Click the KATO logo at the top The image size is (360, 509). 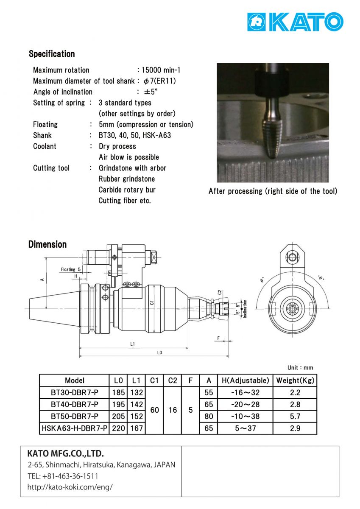coord(295,22)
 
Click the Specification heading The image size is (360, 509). coord(52,54)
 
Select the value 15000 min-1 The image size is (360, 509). coord(161,70)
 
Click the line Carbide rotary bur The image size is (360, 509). coord(127,190)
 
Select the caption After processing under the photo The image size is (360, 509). coord(273,191)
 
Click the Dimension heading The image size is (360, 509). coord(47,244)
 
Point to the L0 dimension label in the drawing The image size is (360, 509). coord(159,352)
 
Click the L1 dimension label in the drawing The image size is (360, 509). coord(132,344)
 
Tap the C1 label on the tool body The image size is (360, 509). coord(151,303)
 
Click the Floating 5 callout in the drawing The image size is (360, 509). coord(71,269)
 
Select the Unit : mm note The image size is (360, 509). coord(300,367)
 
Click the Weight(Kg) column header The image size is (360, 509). coord(295,380)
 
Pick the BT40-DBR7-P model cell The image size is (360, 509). coord(75,404)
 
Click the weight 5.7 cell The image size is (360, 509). coord(295,417)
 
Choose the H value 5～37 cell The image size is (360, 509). coord(246,428)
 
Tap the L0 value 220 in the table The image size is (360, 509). coord(119,428)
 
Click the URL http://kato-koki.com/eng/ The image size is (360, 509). coord(70,487)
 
